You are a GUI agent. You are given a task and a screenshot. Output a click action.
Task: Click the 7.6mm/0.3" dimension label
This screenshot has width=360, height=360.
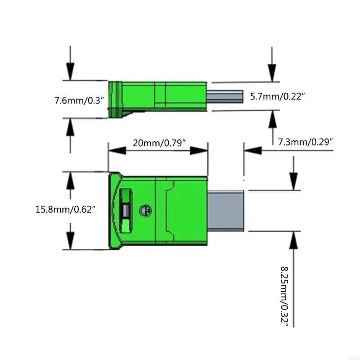tap(79, 100)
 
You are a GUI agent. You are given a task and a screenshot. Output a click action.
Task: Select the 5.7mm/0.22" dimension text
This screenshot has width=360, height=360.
tap(278, 96)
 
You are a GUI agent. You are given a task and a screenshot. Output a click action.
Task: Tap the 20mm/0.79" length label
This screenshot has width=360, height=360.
tap(159, 143)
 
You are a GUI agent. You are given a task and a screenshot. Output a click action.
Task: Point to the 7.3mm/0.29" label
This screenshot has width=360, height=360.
tap(306, 142)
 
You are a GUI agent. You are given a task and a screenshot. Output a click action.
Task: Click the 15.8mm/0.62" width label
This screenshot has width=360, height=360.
tap(65, 209)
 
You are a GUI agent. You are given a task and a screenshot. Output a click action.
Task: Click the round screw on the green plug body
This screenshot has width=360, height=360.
tap(145, 210)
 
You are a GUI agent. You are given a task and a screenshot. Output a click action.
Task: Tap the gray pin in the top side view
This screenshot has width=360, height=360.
tap(225, 97)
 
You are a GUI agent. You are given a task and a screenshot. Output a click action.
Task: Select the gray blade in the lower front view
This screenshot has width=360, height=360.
tap(226, 211)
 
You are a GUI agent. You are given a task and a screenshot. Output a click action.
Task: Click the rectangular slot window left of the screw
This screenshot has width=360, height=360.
tap(126, 211)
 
